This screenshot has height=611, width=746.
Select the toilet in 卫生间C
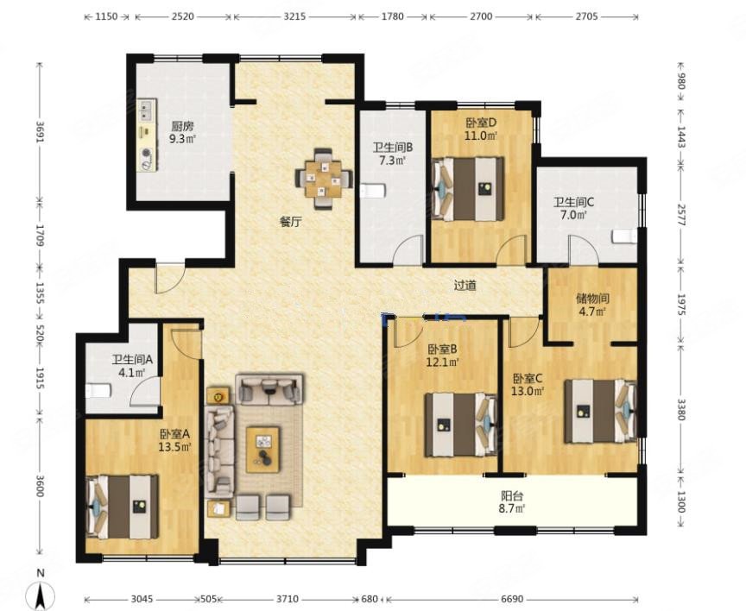tap(624, 236)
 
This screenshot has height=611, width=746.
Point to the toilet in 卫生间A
tap(98, 391)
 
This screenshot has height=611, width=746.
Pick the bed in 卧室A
tap(123, 507)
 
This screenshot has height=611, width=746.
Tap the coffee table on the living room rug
tap(263, 450)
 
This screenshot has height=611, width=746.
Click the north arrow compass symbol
tap(41, 593)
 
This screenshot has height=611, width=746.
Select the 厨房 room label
tap(183, 127)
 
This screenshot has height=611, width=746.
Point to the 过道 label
tap(465, 286)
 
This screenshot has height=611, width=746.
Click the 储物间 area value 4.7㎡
tap(592, 312)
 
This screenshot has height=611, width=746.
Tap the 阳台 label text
tap(512, 496)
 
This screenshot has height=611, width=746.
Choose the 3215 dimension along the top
tap(294, 16)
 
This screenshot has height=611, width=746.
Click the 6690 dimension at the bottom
tap(512, 599)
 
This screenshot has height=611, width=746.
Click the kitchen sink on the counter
tap(147, 110)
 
